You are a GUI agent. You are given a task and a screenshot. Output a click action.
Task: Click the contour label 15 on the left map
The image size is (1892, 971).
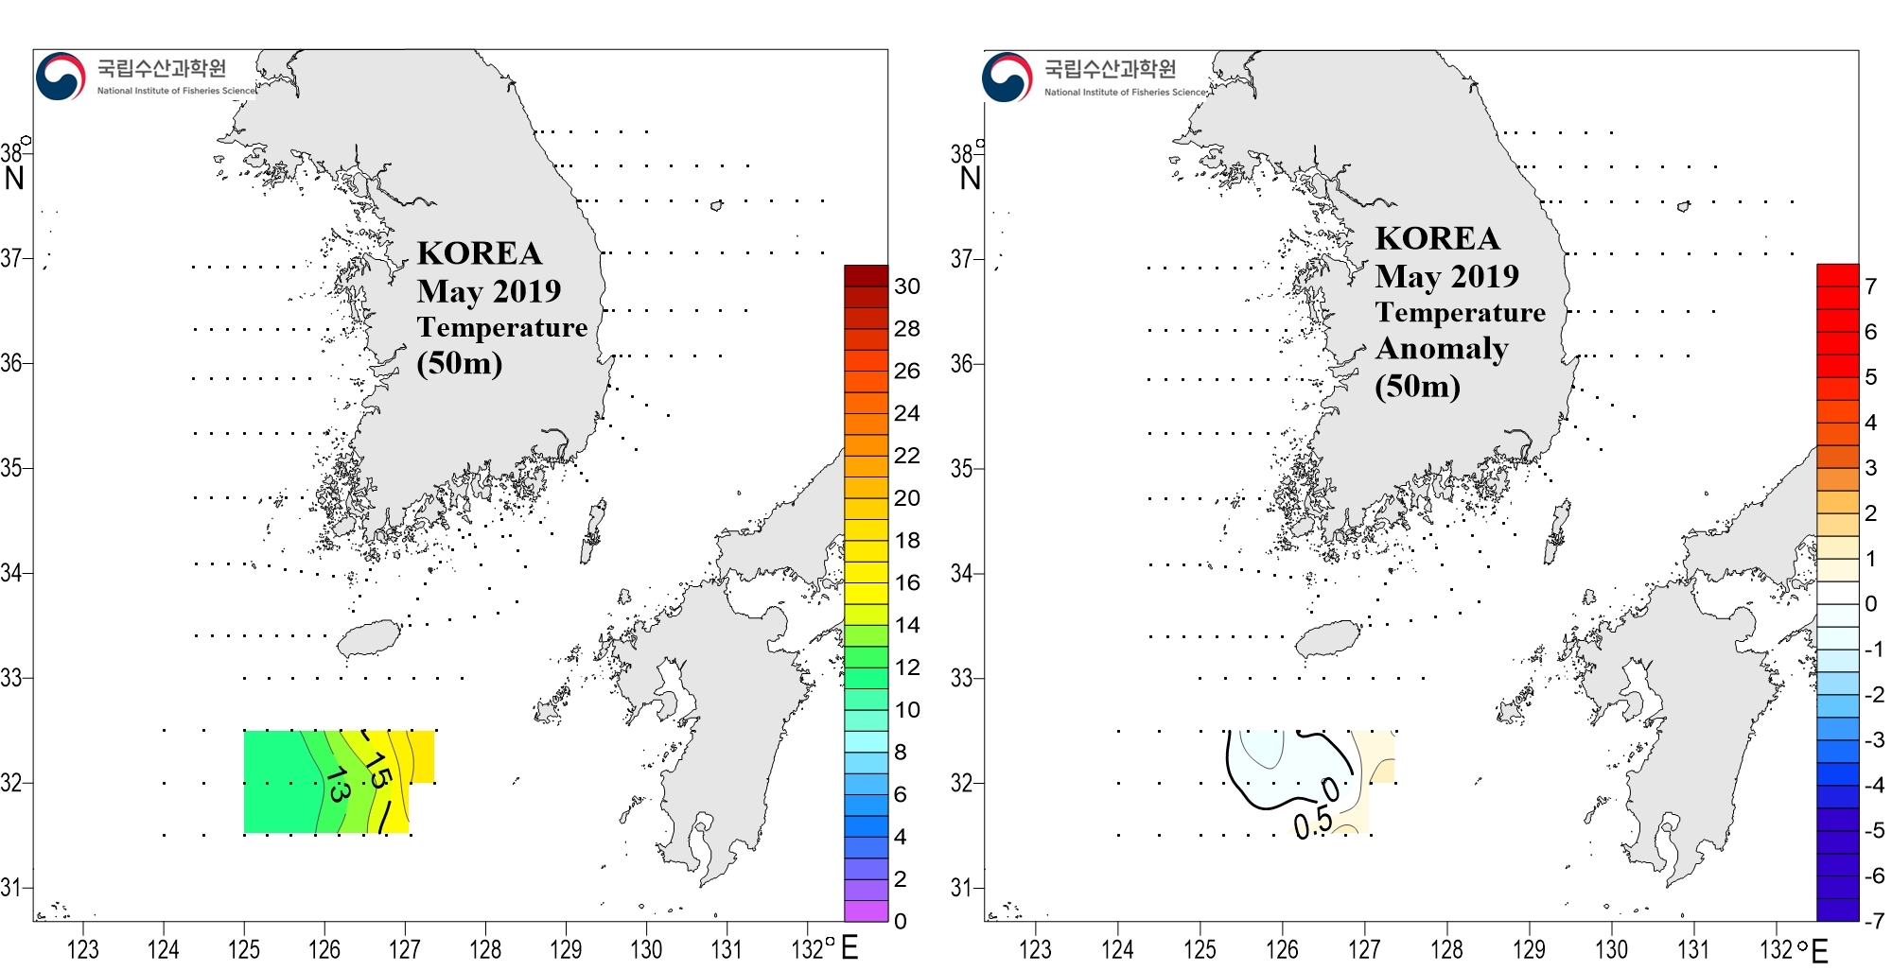pyautogui.click(x=377, y=770)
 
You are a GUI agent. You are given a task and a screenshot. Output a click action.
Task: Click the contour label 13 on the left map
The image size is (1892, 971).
pyautogui.click(x=337, y=784)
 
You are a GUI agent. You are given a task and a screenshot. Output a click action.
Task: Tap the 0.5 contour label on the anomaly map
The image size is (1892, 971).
pyautogui.click(x=1313, y=824)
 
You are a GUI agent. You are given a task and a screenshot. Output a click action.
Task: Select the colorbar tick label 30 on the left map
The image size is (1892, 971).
pyautogui.click(x=906, y=286)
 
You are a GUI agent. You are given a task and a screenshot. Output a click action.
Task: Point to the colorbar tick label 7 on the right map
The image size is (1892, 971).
pyautogui.click(x=1870, y=286)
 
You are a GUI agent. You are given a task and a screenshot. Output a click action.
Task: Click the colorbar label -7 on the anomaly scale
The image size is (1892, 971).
pyautogui.click(x=1873, y=920)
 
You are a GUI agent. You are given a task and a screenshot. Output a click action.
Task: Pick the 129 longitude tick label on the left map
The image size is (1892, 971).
pyautogui.click(x=566, y=949)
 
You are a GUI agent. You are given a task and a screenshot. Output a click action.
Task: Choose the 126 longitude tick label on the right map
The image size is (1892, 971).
pyautogui.click(x=1282, y=949)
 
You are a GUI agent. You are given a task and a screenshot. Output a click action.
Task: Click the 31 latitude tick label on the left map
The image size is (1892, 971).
pyautogui.click(x=10, y=888)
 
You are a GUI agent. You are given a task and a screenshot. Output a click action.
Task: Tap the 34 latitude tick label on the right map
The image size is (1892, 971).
pyautogui.click(x=961, y=574)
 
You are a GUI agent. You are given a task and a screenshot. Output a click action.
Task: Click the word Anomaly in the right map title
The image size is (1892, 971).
pyautogui.click(x=1442, y=349)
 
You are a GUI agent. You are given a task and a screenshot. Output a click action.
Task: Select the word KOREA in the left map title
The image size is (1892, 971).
pyautogui.click(x=480, y=253)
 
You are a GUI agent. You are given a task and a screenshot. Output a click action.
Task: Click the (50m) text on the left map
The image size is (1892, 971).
pyautogui.click(x=460, y=363)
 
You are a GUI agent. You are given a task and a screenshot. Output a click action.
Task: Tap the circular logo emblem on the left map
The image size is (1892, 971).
pyautogui.click(x=60, y=77)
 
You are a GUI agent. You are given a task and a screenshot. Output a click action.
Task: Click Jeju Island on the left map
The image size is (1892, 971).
pyautogui.click(x=370, y=638)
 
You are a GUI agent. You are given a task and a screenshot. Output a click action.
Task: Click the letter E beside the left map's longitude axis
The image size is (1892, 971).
pyautogui.click(x=850, y=947)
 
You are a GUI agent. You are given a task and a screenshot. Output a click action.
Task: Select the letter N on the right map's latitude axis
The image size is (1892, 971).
pyautogui.click(x=971, y=178)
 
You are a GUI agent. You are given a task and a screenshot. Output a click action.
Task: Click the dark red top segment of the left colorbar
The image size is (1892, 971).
pyautogui.click(x=866, y=275)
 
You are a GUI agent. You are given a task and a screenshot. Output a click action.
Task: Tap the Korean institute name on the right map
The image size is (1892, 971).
pyautogui.click(x=1110, y=68)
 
